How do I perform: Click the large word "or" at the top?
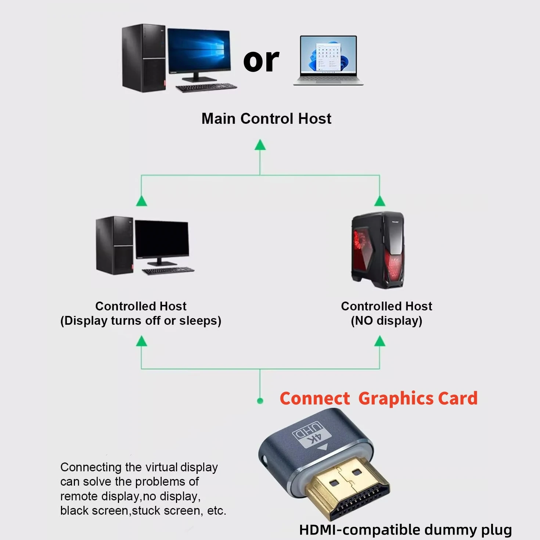[x=261, y=61]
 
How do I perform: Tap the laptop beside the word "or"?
[x=328, y=60]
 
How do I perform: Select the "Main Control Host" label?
[x=266, y=119]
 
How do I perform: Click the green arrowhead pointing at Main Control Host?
[x=260, y=145]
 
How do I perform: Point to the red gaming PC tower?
[x=378, y=250]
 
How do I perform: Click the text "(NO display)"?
[x=386, y=321]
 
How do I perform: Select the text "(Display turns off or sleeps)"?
[x=141, y=321]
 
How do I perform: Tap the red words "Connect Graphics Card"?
[x=378, y=399]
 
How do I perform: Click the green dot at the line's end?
[x=260, y=401]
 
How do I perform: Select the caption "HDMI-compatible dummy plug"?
[x=405, y=530]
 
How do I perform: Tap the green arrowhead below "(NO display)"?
[x=380, y=342]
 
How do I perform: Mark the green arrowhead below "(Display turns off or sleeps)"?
[x=141, y=342]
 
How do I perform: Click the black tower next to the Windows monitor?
[x=144, y=58]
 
